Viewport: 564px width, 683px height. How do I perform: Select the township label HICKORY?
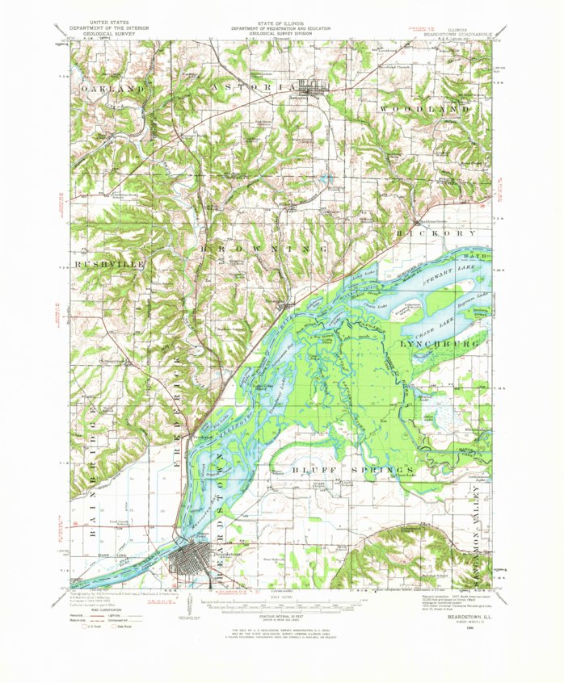[436, 233]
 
